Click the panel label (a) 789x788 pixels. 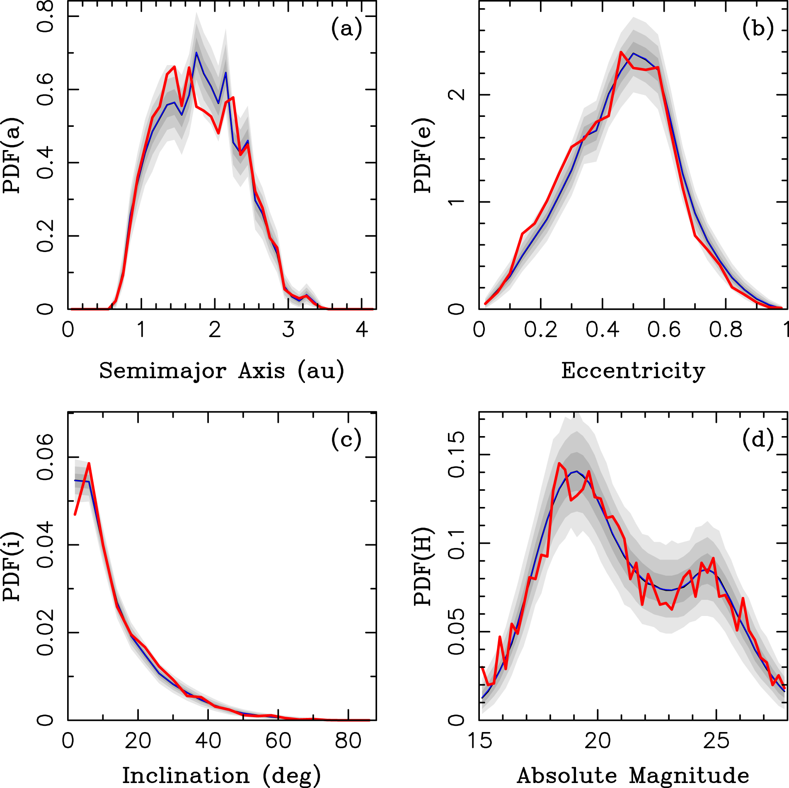click(x=346, y=29)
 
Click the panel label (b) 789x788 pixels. click(x=758, y=29)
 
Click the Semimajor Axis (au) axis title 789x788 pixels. click(x=222, y=371)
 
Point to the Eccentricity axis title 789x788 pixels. click(x=633, y=371)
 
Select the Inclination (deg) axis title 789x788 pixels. click(x=222, y=776)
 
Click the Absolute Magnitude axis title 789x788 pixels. click(x=633, y=776)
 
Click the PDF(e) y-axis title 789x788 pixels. click(x=423, y=156)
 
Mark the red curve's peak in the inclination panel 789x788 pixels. click(x=89, y=464)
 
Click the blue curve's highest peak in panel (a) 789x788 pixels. click(x=196, y=53)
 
